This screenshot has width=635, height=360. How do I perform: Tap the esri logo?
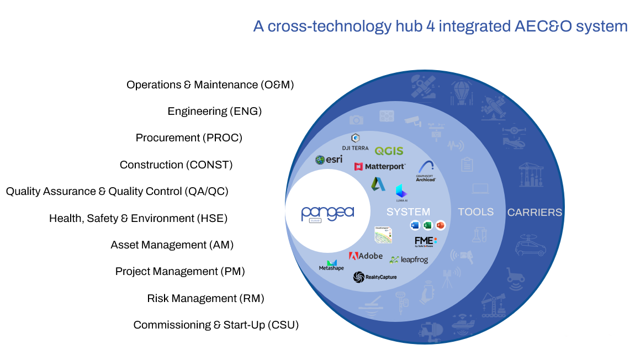[329, 160]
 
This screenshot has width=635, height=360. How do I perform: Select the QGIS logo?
[389, 151]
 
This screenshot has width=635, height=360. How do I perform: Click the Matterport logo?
[380, 166]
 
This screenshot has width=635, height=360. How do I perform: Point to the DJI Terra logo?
[356, 141]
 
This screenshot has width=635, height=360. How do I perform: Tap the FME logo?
[425, 241]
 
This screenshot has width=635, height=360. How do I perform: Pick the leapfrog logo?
[409, 260]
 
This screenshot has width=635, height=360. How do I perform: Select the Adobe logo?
[366, 256]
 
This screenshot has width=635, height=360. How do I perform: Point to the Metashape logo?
[331, 265]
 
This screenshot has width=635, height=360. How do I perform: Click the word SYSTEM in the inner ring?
[408, 212]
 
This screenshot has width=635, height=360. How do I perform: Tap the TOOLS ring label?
[475, 212]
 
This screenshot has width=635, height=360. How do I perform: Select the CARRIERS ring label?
[535, 212]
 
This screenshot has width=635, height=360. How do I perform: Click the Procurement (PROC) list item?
[189, 138]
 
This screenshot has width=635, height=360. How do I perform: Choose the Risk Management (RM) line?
[205, 299]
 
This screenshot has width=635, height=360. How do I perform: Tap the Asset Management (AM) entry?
[172, 245]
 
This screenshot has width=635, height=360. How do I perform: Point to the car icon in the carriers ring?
[530, 246]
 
